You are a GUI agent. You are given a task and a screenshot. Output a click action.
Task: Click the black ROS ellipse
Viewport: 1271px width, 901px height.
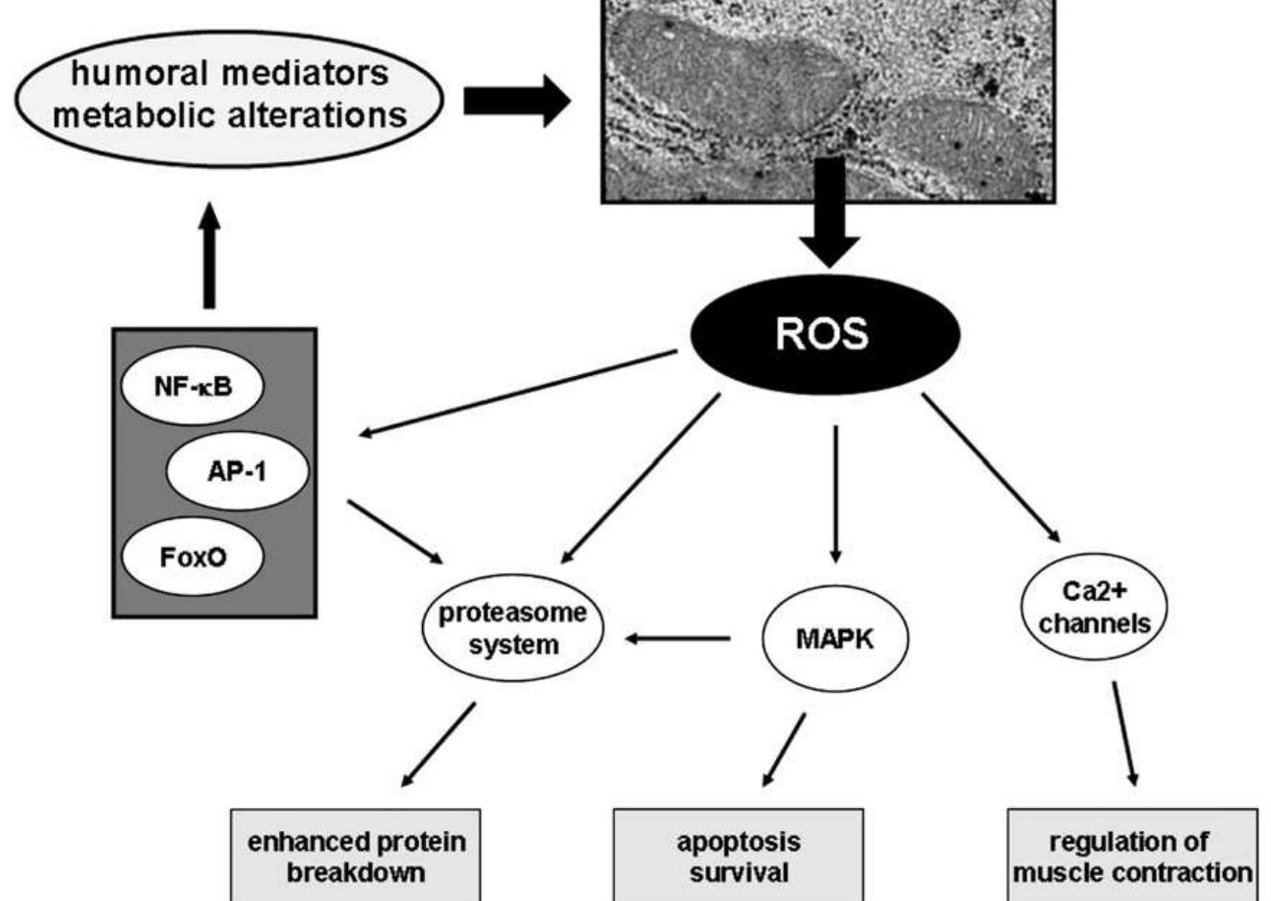pyautogui.click(x=825, y=333)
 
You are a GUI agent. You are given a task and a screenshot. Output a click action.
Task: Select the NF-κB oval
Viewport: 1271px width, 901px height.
pyautogui.click(x=192, y=387)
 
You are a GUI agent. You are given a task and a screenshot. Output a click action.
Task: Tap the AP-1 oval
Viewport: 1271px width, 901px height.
pyautogui.click(x=237, y=471)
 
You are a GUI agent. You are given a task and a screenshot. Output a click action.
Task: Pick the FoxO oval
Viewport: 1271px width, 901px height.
pyautogui.click(x=192, y=557)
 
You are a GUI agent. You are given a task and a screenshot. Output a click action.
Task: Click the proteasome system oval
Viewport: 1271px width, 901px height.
pyautogui.click(x=512, y=628)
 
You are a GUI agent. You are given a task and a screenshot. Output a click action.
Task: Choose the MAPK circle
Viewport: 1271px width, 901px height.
pyautogui.click(x=835, y=638)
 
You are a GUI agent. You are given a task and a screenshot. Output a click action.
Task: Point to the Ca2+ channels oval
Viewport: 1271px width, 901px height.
pyautogui.click(x=1094, y=608)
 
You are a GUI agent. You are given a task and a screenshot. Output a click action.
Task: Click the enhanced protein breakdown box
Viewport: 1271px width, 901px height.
pyautogui.click(x=356, y=856)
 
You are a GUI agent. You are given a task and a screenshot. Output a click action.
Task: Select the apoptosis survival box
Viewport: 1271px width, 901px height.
pyautogui.click(x=738, y=856)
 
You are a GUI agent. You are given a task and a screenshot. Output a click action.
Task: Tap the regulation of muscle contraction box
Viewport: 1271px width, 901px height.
pyautogui.click(x=1132, y=856)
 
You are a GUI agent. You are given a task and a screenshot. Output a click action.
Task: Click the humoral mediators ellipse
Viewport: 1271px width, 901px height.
pyautogui.click(x=229, y=94)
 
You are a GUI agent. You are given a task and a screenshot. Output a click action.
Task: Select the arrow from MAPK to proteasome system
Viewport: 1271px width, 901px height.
pyautogui.click(x=677, y=637)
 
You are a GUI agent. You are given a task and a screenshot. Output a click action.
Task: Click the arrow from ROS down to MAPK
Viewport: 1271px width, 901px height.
pyautogui.click(x=836, y=494)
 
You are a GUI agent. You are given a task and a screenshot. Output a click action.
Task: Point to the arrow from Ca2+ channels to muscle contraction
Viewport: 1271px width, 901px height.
pyautogui.click(x=1125, y=734)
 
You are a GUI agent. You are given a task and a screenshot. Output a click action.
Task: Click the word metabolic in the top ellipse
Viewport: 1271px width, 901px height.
pyautogui.click(x=134, y=115)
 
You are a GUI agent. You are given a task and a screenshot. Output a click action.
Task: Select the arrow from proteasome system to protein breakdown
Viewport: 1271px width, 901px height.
pyautogui.click(x=438, y=745)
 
